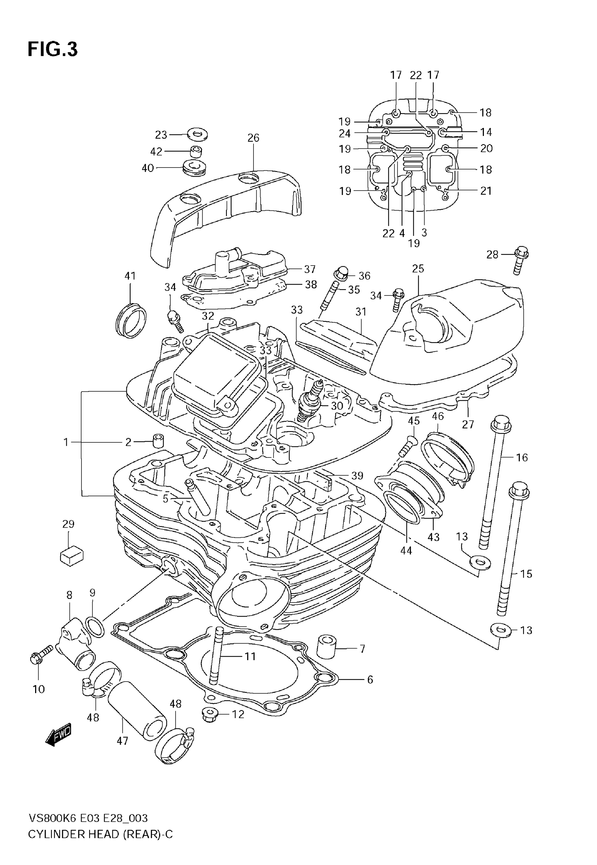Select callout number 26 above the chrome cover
pyautogui.click(x=253, y=138)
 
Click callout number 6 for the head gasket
pyautogui.click(x=370, y=680)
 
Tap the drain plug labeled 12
pyautogui.click(x=210, y=715)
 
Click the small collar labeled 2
pyautogui.click(x=159, y=442)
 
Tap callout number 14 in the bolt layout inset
pyautogui.click(x=486, y=132)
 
